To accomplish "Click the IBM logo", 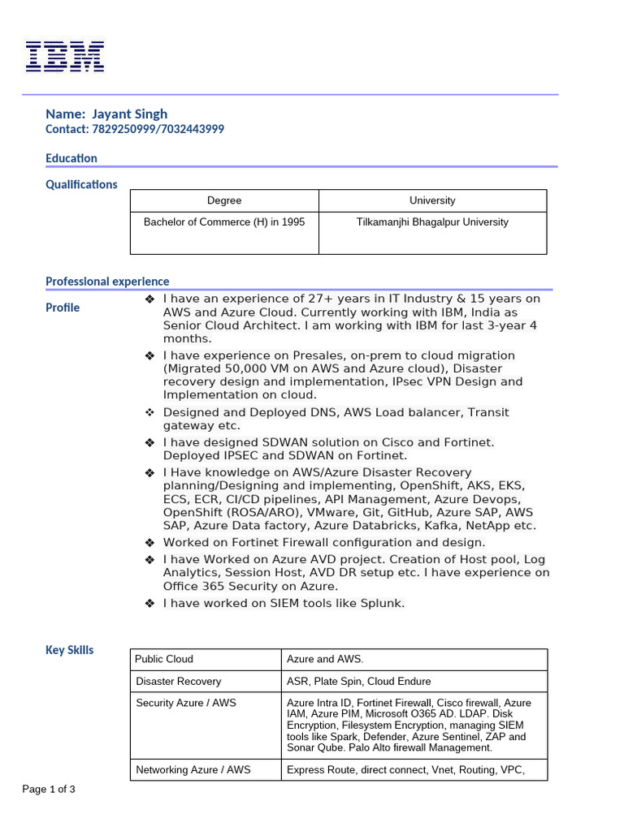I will pos(65,56).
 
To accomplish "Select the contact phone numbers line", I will pos(135,129).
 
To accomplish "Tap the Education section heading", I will pos(71,158).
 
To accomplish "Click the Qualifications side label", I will pos(81,184).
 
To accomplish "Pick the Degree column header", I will pos(224,200).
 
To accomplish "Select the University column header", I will pos(432,200).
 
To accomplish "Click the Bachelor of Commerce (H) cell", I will pos(224,222).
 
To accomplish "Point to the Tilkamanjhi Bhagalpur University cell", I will pos(432,222).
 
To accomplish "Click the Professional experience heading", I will pos(107,282).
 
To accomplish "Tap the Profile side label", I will pos(63,308).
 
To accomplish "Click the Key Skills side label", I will pos(69,650).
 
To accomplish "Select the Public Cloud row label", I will pos(164,659).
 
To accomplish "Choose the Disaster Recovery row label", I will pos(178,681).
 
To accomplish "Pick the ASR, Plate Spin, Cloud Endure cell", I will pos(358,681).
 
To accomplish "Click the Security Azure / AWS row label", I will pos(185,703).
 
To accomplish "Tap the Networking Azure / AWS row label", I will pos(193,769).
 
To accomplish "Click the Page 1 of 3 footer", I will pos(49,789).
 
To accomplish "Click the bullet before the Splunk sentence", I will pos(149,603).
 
